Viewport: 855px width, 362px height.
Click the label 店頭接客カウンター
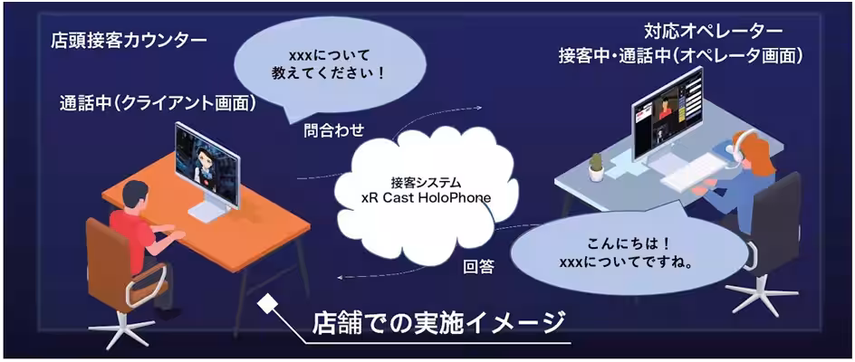pyautogui.click(x=129, y=42)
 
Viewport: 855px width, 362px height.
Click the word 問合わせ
pyautogui.click(x=334, y=131)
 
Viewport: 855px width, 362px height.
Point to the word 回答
pyautogui.click(x=477, y=268)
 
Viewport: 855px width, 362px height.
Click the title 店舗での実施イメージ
pyautogui.click(x=437, y=323)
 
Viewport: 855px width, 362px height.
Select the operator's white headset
pyautogui.click(x=736, y=151)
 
